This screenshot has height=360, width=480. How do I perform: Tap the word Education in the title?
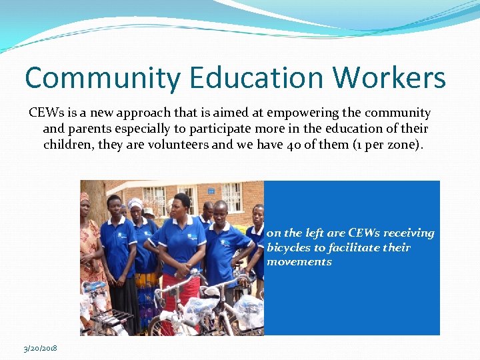click(257, 78)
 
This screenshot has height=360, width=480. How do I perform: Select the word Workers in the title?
click(389, 78)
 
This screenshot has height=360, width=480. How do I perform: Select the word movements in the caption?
click(299, 262)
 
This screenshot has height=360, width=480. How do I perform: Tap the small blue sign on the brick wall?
click(211, 191)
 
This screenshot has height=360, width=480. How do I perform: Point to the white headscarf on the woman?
click(135, 203)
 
